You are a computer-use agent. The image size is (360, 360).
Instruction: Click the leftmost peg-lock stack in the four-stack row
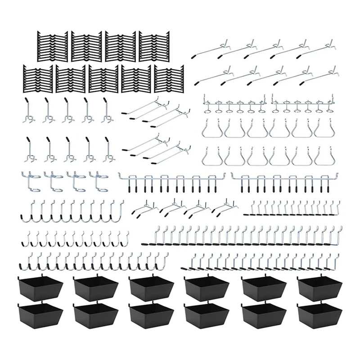50,46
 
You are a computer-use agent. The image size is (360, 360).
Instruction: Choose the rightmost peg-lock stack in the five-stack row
168,79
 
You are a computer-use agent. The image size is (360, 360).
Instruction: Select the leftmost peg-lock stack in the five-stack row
38,79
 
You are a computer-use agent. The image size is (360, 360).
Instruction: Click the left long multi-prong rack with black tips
172,181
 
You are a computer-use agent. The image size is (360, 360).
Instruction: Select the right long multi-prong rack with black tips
284,181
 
